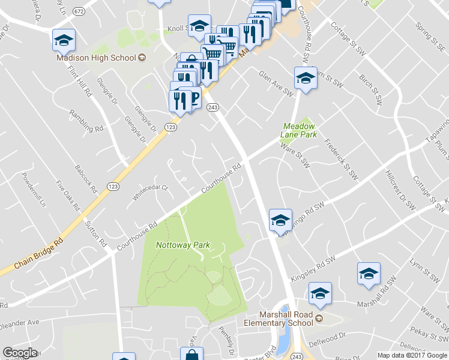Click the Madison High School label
pyautogui.click(x=96, y=58)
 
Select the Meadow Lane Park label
pyautogui.click(x=298, y=130)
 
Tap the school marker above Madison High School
pyautogui.click(x=64, y=40)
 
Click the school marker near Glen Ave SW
pyautogui.click(x=306, y=79)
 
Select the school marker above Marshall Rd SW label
pyautogui.click(x=369, y=274)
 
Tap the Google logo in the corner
pyautogui.click(x=20, y=353)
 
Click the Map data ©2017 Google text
pyautogui.click(x=412, y=355)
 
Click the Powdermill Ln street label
pyautogui.click(x=34, y=189)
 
